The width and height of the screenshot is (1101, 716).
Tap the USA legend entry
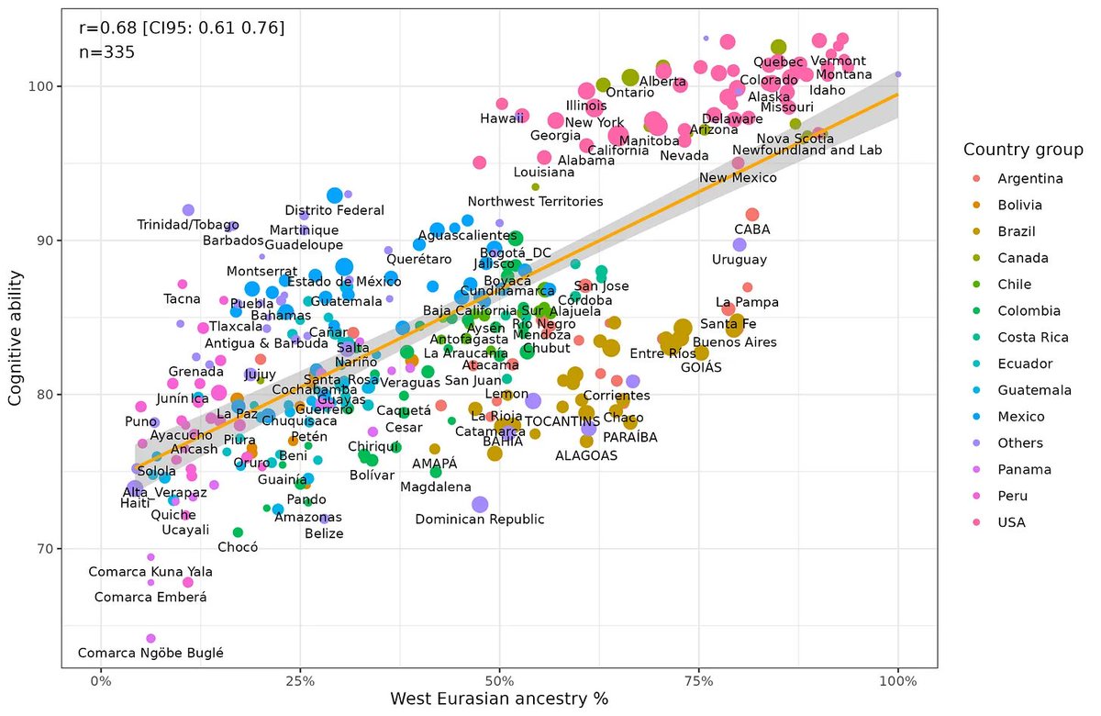995,522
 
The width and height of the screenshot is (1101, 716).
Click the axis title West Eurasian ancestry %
499,699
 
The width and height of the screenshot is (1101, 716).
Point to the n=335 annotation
107,52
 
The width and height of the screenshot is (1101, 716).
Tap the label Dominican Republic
480,520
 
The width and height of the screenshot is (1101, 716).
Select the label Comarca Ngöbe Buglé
150,654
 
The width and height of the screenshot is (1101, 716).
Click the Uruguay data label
740,260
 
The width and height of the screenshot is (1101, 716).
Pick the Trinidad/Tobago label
187,225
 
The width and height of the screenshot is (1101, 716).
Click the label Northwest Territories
535,201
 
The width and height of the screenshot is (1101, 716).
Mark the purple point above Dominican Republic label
480,504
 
